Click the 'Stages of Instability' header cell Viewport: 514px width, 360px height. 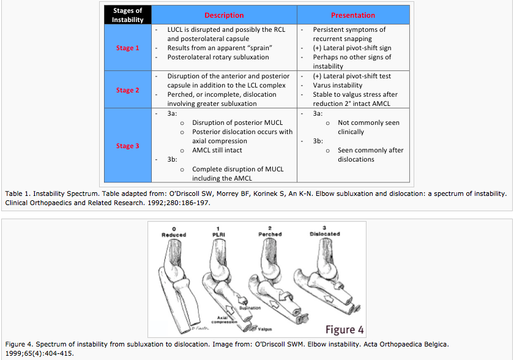click(127, 15)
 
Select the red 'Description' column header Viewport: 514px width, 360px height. click(224, 15)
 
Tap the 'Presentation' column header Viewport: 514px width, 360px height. click(352, 15)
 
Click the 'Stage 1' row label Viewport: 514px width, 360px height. click(127, 48)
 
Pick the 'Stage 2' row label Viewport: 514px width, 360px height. click(127, 90)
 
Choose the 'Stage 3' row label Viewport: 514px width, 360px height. click(127, 146)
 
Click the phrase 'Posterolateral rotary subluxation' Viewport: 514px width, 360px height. click(218, 57)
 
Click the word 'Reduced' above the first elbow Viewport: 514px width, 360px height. click(174, 235)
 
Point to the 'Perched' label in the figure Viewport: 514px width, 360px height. click(270, 234)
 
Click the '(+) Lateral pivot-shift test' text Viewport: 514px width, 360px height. click(352, 76)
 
